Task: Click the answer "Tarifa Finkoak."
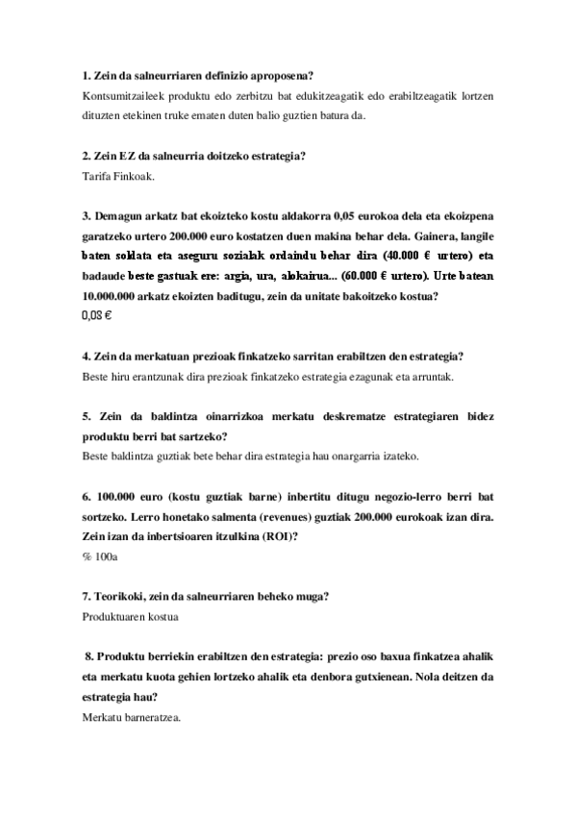113,177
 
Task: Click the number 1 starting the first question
88,76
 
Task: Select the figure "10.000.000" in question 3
116,295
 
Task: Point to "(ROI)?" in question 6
278,536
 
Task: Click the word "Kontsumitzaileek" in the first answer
122,96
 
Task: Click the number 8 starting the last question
88,656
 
